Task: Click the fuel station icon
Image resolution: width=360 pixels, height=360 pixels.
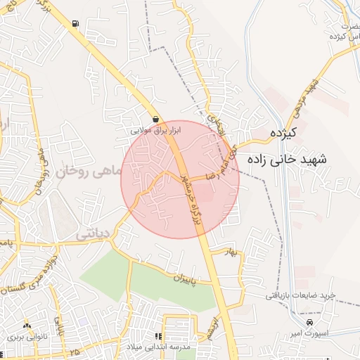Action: click(75, 23)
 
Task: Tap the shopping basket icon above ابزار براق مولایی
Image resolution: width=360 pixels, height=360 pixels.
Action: click(155, 119)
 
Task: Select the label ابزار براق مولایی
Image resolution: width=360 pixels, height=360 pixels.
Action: click(156, 130)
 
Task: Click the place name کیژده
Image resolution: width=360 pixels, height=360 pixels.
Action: click(284, 132)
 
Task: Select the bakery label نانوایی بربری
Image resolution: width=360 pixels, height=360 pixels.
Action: click(27, 337)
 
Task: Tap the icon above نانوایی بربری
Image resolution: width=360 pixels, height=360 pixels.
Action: click(27, 326)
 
